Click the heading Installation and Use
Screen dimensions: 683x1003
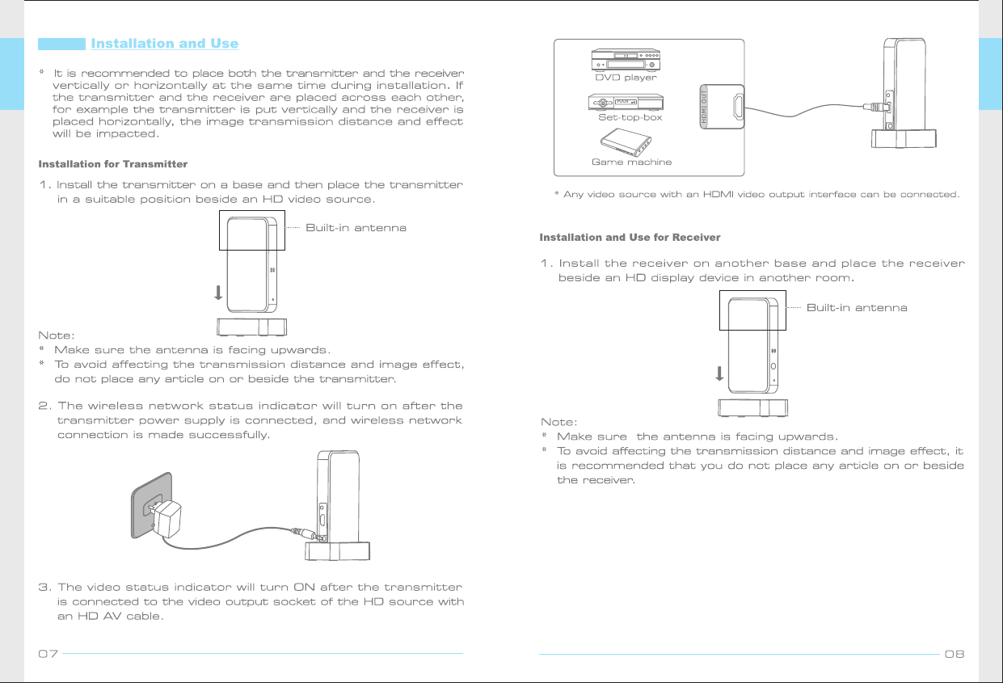point(164,43)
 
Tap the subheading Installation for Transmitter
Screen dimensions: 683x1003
point(113,164)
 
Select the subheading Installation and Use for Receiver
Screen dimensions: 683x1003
point(630,237)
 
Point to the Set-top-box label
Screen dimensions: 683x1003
point(630,117)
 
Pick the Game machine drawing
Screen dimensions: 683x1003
point(631,143)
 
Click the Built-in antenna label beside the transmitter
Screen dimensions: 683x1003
point(356,228)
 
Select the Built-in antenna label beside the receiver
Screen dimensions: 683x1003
point(857,308)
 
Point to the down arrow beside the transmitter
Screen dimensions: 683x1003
point(218,292)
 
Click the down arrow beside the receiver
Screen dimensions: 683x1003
point(719,373)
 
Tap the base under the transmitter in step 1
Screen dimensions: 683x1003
point(252,327)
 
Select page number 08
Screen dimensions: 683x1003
point(955,653)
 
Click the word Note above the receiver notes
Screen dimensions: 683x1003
point(558,422)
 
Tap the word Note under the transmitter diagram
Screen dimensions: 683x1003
point(57,335)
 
